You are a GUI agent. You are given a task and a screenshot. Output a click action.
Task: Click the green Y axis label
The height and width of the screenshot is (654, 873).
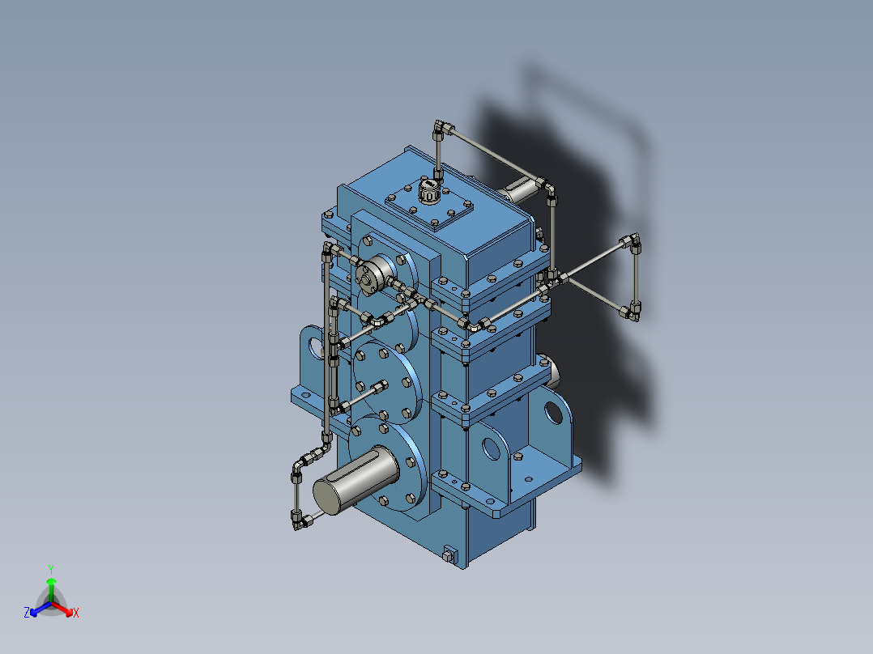pos(50,569)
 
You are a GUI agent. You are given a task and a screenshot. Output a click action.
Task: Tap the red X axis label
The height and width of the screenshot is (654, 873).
pos(75,614)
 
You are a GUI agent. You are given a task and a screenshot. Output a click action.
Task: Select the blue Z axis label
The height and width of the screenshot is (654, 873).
pos(27,614)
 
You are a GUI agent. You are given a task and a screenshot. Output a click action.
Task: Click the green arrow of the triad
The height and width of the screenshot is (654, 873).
pos(51,586)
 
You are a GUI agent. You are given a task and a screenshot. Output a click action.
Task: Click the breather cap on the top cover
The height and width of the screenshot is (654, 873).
pos(428,193)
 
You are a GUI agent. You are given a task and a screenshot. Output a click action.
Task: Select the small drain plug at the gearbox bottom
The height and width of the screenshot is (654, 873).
pos(449,555)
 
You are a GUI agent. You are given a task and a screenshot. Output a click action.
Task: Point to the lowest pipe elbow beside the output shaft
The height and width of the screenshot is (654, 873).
pos(302,521)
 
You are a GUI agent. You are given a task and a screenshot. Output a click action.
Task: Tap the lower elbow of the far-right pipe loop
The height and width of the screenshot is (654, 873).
pos(632,310)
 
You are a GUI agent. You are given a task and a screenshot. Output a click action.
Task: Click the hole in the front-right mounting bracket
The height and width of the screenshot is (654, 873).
pos(492,447)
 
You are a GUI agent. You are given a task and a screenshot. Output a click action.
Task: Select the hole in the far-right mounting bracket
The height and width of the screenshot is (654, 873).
pos(553,412)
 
